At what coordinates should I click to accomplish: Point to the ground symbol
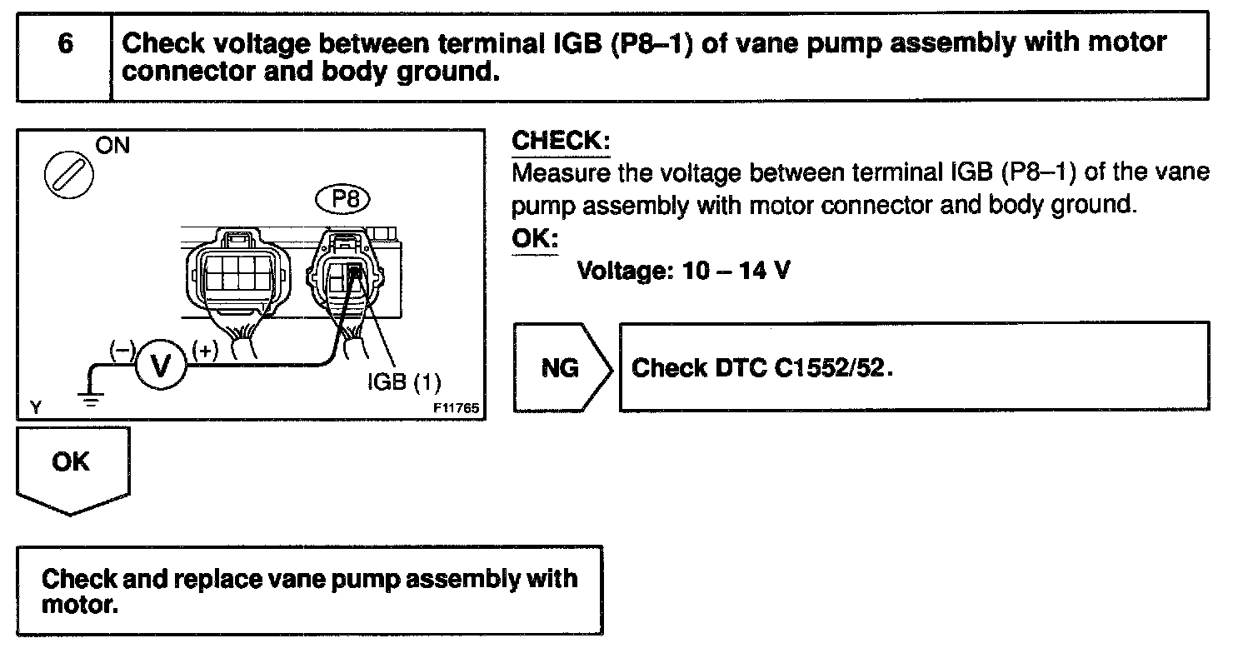coord(91,396)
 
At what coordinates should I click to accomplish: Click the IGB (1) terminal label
coord(404,382)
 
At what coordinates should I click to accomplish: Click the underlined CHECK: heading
coord(561,141)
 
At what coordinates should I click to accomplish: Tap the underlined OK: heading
coord(534,238)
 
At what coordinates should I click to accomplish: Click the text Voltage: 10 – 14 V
coord(682,271)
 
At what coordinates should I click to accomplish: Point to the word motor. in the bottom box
coord(79,603)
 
